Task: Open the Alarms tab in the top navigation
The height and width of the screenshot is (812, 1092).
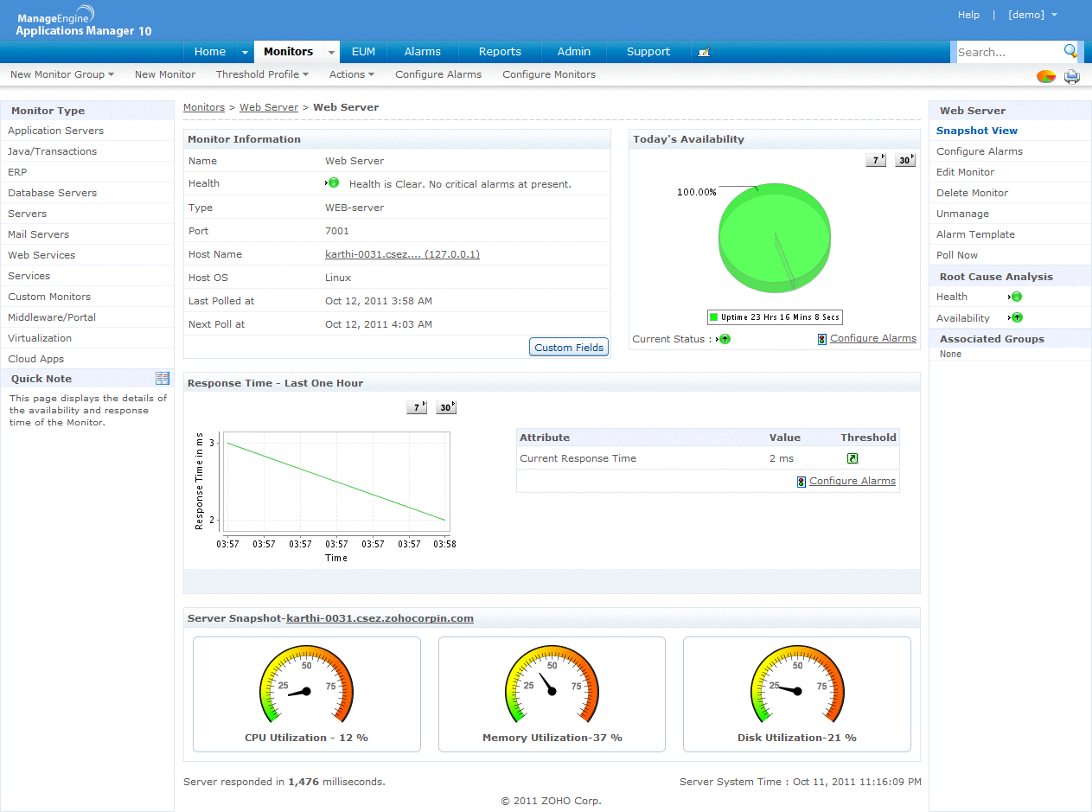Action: tap(422, 52)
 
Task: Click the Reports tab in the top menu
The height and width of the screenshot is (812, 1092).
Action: tap(500, 52)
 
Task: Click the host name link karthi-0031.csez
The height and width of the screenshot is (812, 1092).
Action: tap(402, 254)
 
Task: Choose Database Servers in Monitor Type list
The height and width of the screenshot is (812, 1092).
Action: tap(52, 193)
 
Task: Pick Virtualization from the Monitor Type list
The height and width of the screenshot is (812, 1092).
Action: tap(40, 338)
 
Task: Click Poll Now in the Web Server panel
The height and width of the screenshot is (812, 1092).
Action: tap(957, 255)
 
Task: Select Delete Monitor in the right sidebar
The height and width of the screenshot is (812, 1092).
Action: tap(972, 193)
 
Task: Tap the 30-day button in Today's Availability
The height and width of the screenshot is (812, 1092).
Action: tap(904, 160)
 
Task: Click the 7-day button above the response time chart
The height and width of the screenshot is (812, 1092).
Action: tap(417, 407)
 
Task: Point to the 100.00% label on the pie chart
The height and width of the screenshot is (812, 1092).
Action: tap(696, 192)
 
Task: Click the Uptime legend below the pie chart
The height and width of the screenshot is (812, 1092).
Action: tap(775, 317)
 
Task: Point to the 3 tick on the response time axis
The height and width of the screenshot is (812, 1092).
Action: tap(212, 443)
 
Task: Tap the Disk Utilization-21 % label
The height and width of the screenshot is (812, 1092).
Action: tap(796, 738)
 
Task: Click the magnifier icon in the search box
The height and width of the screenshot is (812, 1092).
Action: tap(1070, 51)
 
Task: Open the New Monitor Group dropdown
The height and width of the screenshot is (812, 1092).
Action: tap(62, 74)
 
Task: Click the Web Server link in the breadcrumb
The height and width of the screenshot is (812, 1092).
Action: tap(269, 107)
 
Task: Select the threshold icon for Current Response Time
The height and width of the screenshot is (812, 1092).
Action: tap(853, 458)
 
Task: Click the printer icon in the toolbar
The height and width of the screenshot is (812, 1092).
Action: tap(1072, 76)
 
